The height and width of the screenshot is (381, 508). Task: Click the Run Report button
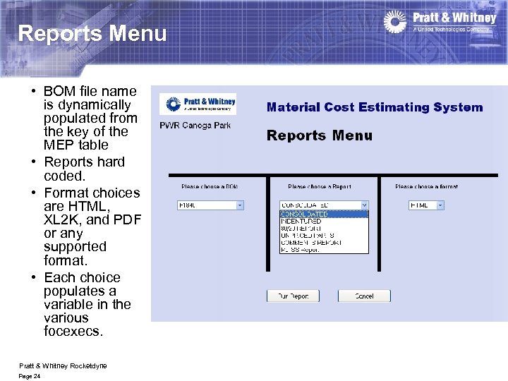(293, 296)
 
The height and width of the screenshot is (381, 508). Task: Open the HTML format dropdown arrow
(440, 205)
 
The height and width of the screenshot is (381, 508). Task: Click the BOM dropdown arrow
(239, 205)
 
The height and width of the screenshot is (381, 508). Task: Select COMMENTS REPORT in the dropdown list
(311, 243)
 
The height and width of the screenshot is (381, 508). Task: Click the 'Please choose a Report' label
(318, 187)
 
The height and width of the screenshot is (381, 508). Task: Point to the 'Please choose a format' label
(426, 187)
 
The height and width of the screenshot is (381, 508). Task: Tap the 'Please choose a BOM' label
(209, 187)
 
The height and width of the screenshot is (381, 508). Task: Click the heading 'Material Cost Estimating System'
(375, 108)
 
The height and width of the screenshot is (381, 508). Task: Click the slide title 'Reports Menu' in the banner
(92, 33)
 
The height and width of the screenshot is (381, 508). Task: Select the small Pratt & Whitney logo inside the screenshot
(198, 104)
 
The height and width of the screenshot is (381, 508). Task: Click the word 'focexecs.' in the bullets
(73, 331)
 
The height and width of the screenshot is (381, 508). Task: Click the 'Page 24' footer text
(30, 377)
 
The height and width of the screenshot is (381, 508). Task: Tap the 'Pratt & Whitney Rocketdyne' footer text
(63, 365)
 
